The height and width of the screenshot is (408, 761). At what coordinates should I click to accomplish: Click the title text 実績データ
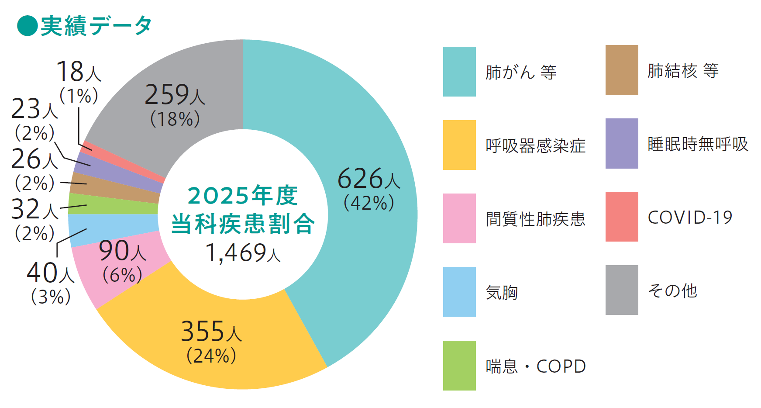[96, 26]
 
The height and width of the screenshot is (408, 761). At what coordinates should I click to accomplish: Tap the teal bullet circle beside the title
[27, 26]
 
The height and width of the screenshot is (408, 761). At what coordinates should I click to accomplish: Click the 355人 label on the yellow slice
[211, 331]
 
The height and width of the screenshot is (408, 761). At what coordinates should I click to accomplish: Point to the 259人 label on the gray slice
[175, 94]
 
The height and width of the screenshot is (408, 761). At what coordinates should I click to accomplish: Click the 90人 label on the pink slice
[122, 251]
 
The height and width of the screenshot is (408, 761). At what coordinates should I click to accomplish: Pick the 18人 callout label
[79, 71]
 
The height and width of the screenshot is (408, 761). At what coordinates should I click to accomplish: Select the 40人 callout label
[51, 273]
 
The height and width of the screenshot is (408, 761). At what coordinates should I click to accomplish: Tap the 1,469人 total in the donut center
[243, 253]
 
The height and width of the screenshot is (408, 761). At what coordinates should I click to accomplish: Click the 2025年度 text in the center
[243, 195]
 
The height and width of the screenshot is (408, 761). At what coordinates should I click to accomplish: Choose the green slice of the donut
[114, 204]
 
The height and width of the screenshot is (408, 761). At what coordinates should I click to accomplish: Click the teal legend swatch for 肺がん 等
[459, 72]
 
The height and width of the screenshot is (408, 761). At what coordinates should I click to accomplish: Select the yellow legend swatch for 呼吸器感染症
[459, 145]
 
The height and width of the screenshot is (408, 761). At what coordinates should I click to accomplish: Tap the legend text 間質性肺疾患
[536, 219]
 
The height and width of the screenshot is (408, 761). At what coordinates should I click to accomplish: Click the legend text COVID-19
[690, 217]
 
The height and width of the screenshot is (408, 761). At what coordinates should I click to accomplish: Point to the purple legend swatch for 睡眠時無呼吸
[622, 143]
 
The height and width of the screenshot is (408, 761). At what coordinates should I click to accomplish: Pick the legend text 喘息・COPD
[536, 366]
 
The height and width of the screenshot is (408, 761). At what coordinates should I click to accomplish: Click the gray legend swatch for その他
[622, 290]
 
